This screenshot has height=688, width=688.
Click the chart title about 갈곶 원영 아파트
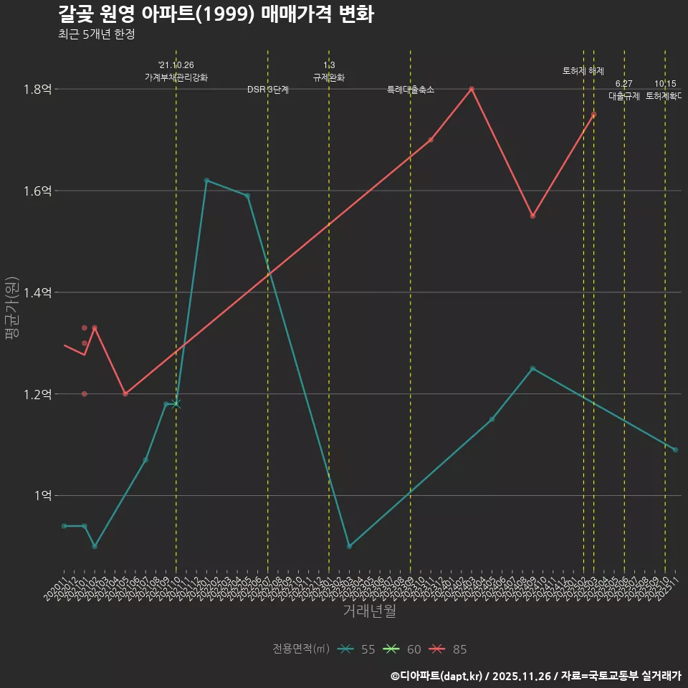tap(215, 14)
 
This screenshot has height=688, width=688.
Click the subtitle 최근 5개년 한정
tap(96, 34)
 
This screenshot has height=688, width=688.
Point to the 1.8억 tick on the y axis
tap(37, 90)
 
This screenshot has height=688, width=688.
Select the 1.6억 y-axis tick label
tap(37, 191)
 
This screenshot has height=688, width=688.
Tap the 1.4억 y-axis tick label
tap(37, 293)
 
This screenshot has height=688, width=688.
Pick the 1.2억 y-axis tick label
tap(37, 395)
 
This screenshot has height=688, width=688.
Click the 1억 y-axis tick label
tap(42, 496)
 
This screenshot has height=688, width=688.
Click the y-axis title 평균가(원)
tap(12, 308)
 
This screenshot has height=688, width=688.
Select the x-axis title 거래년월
tap(369, 611)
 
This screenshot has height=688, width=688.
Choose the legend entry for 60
tap(404, 649)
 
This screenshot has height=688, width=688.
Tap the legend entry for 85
tap(450, 649)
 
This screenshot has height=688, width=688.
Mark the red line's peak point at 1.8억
tap(472, 89)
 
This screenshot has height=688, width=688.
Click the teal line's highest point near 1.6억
tap(206, 181)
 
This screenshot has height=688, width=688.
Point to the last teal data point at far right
tap(675, 449)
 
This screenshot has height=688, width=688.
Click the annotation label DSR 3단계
tap(268, 90)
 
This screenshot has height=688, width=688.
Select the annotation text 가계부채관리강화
tap(176, 77)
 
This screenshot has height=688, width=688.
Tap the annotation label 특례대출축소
tap(411, 90)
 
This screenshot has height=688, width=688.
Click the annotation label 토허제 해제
tap(583, 71)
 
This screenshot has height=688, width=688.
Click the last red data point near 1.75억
tap(593, 115)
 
